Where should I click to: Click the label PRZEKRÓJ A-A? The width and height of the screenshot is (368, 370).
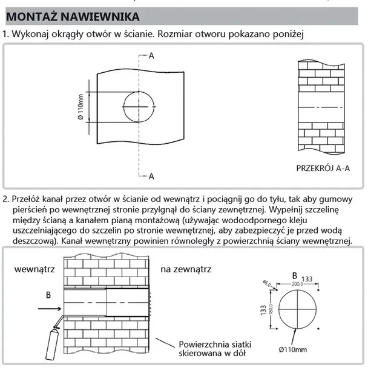(323, 168)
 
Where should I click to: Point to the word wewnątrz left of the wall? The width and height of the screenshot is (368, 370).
(35, 268)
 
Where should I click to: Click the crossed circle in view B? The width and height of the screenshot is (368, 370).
(295, 309)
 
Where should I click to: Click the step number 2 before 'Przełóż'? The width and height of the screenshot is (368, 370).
(6, 199)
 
